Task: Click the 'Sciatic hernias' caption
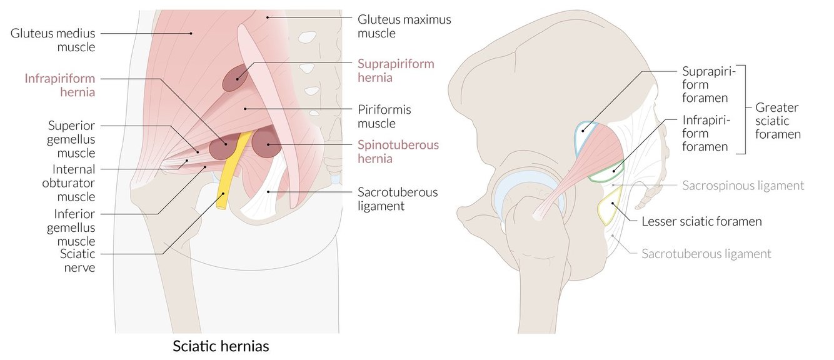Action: [x=221, y=346]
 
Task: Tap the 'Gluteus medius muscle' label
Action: [x=53, y=39]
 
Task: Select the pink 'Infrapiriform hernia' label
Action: [x=60, y=85]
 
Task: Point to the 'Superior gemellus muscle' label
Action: [x=71, y=139]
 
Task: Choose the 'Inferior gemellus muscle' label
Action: [x=71, y=227]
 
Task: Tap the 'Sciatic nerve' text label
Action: [x=78, y=261]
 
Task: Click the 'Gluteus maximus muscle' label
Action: [x=404, y=26]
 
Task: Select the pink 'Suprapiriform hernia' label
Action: [x=395, y=71]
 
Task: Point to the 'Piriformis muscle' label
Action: [x=385, y=116]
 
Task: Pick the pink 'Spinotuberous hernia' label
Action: [x=398, y=151]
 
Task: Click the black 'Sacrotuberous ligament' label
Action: [x=398, y=198]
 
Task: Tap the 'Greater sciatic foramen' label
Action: [x=778, y=121]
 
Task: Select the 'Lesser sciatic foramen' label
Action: [x=701, y=221]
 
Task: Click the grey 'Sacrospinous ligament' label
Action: [x=743, y=186]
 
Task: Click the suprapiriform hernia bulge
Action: [x=234, y=79]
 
